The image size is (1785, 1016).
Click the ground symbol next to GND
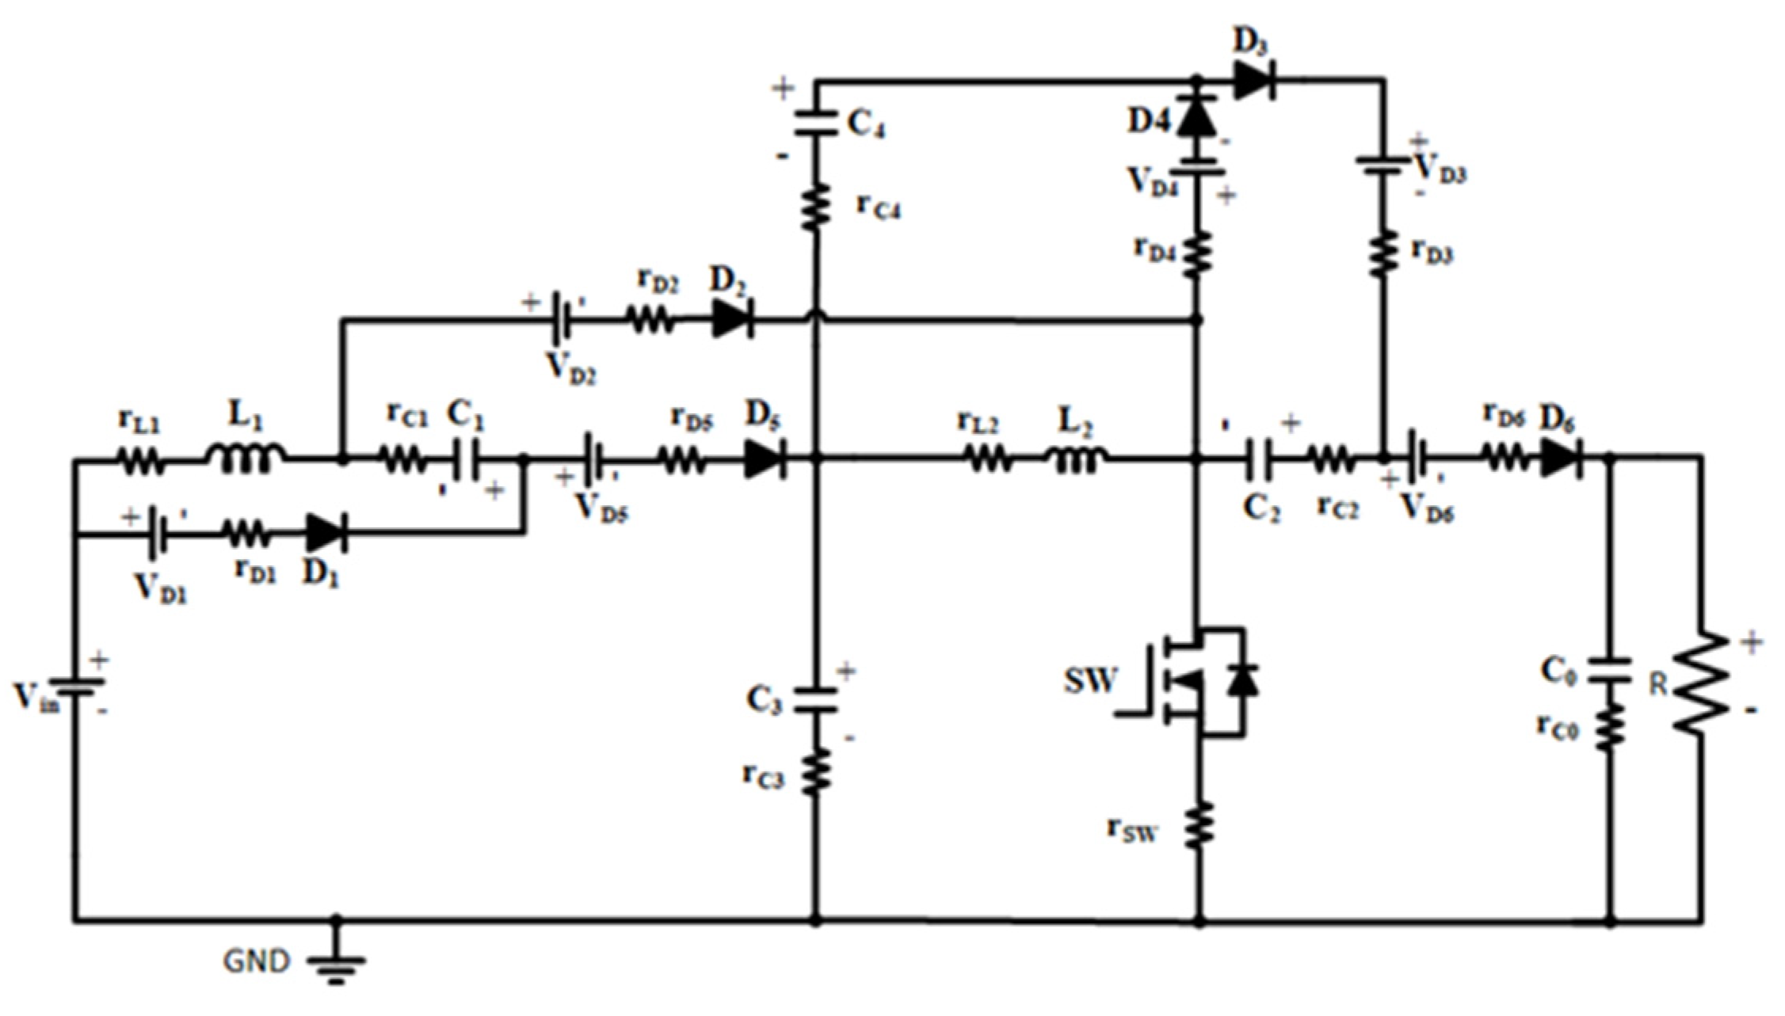336,968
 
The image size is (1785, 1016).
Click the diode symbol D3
1254,80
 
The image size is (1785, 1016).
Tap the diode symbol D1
325,533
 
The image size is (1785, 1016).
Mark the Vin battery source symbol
76,686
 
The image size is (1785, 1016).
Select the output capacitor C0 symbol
1609,670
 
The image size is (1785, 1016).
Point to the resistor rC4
816,206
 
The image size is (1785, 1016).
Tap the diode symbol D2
731,320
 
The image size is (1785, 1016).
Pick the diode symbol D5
765,459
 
